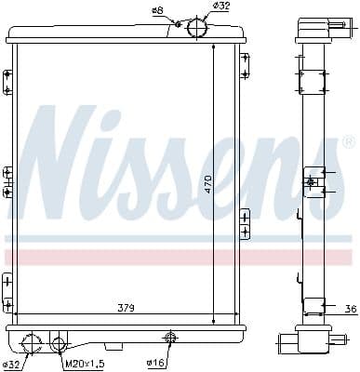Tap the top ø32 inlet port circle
point(197,28)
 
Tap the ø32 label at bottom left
point(12,363)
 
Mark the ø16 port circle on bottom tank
point(170,337)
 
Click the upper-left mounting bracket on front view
point(7,82)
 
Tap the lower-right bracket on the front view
point(246,223)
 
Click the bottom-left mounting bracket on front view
point(7,290)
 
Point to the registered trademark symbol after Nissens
point(349,142)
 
